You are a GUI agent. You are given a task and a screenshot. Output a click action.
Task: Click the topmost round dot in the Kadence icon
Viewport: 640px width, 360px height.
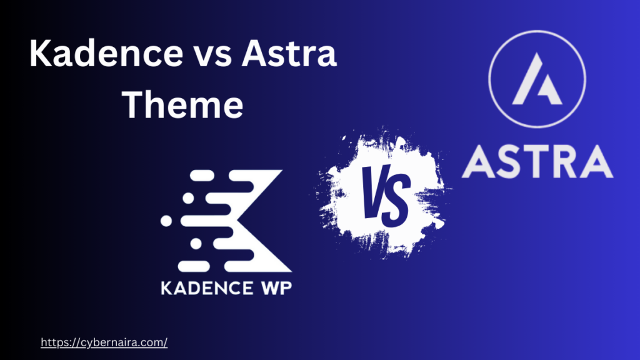click(x=185, y=177)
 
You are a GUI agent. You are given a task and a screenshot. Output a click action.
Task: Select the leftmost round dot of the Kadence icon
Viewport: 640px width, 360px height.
click(x=166, y=221)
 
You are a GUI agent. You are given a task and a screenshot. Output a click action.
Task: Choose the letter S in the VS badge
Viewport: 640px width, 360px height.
click(x=396, y=199)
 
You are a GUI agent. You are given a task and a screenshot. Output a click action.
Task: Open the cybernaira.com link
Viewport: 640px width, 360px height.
click(x=104, y=342)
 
